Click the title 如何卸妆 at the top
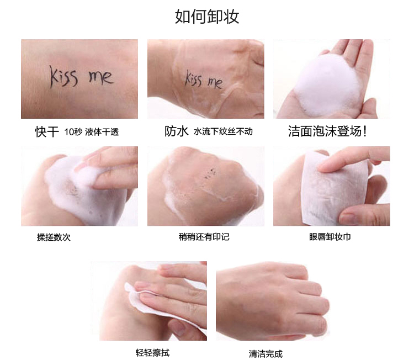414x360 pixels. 207,17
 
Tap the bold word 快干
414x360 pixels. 47,131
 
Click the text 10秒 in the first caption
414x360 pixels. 73,131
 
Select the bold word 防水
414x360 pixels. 177,131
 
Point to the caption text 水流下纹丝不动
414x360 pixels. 223,131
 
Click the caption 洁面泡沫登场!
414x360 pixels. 327,131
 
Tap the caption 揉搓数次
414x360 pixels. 54,237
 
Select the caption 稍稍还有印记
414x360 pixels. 204,237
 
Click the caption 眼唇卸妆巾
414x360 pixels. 330,237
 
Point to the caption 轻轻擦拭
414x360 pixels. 152,353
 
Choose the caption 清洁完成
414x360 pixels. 266,354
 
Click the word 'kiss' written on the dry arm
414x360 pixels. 64,77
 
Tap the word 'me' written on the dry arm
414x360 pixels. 101,77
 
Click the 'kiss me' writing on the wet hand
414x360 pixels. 203,80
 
